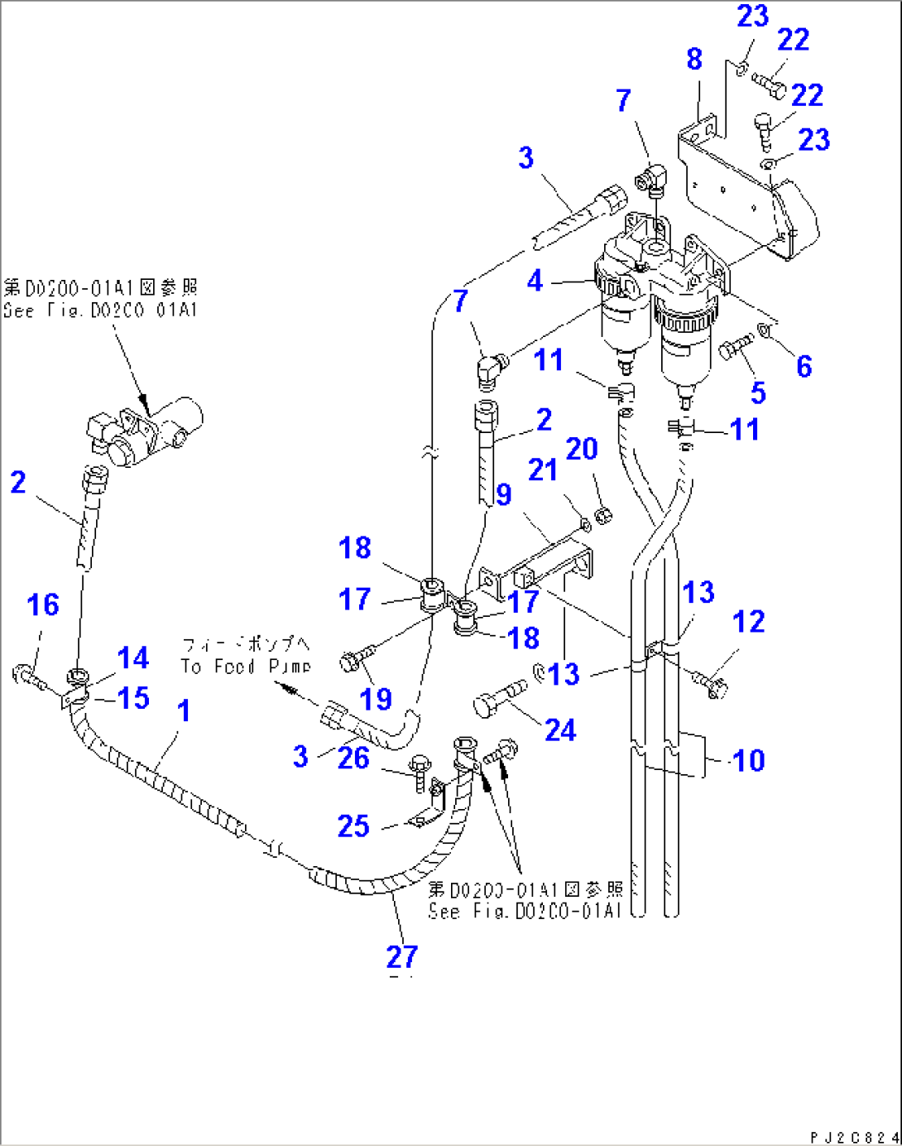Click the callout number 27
(x=402, y=956)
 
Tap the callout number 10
(x=749, y=760)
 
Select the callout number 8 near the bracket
(x=693, y=59)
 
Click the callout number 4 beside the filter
(x=535, y=281)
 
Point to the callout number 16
(x=43, y=604)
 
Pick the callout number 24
(x=560, y=729)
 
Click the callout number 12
(x=749, y=621)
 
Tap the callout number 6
(x=804, y=366)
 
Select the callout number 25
(x=353, y=826)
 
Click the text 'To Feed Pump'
(x=246, y=666)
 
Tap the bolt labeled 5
(x=736, y=346)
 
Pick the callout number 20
(x=581, y=448)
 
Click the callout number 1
(x=184, y=710)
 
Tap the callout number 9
(x=503, y=494)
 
